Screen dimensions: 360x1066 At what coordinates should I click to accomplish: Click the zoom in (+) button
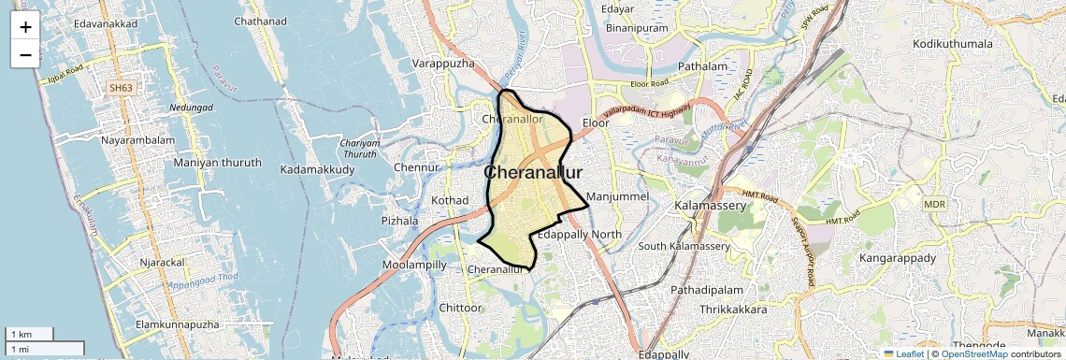25,27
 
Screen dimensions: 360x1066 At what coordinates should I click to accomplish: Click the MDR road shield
934,204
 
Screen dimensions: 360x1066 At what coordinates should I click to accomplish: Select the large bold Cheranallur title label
533,173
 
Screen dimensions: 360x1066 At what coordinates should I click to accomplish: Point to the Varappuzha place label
444,64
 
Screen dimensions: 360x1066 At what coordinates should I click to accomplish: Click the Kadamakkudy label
317,169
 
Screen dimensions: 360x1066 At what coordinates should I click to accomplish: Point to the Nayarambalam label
138,140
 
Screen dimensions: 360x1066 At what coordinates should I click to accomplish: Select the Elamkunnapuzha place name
178,324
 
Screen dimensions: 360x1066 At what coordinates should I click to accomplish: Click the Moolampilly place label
414,265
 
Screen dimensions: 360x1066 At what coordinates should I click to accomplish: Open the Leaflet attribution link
904,353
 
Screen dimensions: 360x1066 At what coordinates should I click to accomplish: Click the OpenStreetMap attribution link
973,353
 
